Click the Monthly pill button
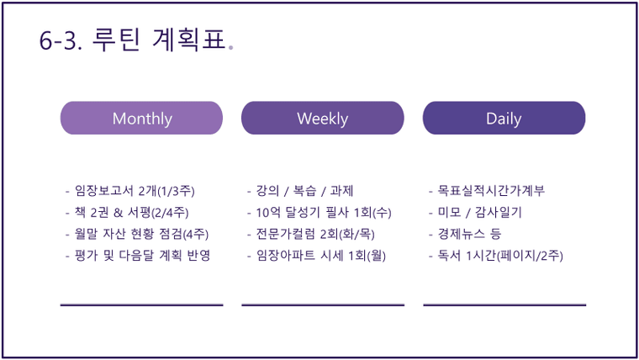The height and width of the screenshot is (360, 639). click(141, 118)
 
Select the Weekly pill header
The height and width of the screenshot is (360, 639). click(323, 118)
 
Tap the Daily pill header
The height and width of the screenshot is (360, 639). click(504, 118)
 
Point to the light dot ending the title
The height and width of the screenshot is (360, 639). click(231, 48)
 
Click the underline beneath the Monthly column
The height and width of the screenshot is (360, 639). click(141, 304)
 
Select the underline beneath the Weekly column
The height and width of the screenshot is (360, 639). click(323, 304)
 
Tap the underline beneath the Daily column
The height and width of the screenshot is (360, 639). click(504, 304)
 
